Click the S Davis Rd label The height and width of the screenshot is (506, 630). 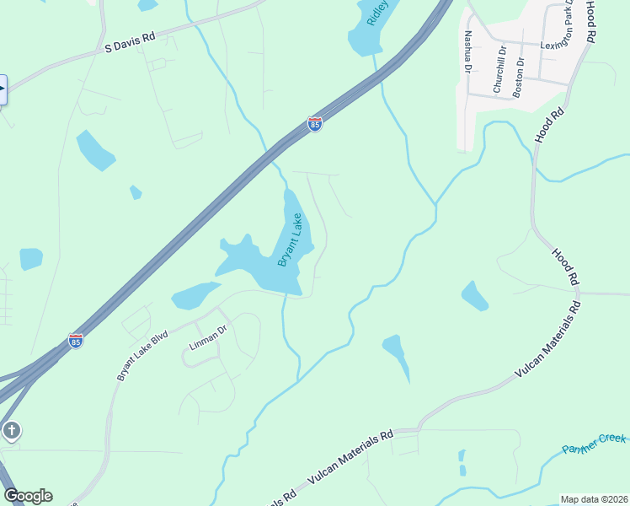click(x=131, y=44)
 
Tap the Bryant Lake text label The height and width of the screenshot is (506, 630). click(x=290, y=240)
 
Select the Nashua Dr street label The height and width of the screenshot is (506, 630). click(x=467, y=51)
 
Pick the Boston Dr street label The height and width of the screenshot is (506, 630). click(x=518, y=77)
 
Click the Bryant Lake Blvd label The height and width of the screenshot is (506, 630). click(x=143, y=355)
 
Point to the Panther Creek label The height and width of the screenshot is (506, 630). click(x=594, y=444)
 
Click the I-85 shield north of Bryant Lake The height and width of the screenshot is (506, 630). click(x=315, y=125)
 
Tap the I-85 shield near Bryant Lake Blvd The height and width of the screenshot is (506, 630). click(x=76, y=342)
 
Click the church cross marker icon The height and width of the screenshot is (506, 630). click(x=11, y=432)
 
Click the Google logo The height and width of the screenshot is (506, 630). click(x=28, y=496)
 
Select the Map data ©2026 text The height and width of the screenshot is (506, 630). click(x=594, y=499)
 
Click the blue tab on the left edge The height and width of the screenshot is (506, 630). click(x=3, y=90)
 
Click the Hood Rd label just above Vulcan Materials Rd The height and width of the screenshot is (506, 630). click(x=566, y=266)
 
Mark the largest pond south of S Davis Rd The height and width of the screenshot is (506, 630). click(x=95, y=150)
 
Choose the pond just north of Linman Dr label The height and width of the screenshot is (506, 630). click(x=195, y=295)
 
